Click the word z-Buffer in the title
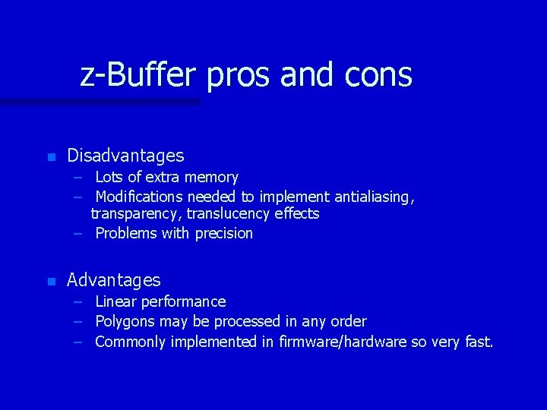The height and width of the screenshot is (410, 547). [x=138, y=74]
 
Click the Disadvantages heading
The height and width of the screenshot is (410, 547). [x=125, y=156]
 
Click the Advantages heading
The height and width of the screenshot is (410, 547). [x=114, y=280]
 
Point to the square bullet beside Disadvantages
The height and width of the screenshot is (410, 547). [x=51, y=157]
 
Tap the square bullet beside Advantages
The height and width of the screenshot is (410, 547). [x=51, y=282]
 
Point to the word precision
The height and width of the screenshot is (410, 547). [x=223, y=233]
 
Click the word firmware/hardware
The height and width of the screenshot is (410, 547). [x=343, y=342]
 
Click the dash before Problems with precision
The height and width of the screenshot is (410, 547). [x=78, y=233]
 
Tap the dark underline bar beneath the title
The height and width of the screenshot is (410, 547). [x=99, y=101]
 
